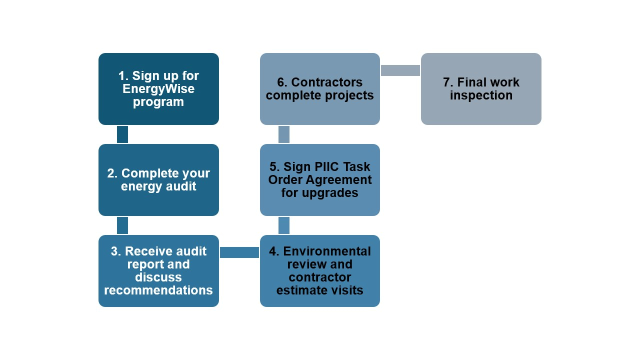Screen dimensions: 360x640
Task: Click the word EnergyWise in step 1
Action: (x=158, y=89)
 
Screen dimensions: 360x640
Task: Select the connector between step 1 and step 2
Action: (x=122, y=134)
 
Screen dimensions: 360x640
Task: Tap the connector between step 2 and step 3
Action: (x=122, y=225)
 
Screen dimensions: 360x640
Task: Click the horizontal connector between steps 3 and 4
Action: (x=239, y=252)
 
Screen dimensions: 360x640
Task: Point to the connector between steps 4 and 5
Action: (x=284, y=225)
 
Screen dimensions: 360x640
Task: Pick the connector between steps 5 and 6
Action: (x=284, y=134)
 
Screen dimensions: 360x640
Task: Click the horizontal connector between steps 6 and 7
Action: (x=400, y=70)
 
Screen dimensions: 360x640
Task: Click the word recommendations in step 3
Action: (x=158, y=290)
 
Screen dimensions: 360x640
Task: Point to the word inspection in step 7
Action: (x=481, y=95)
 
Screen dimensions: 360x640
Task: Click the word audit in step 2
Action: (x=181, y=186)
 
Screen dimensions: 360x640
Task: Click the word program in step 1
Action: (x=158, y=102)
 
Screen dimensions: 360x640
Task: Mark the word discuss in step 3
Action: (x=158, y=277)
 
